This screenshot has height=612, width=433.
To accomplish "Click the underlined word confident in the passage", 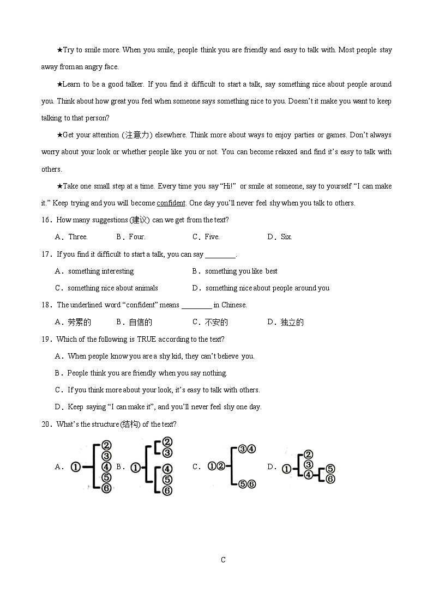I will (171, 203).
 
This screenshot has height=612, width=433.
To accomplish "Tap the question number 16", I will (46, 220).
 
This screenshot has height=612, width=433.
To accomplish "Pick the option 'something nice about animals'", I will (112, 288).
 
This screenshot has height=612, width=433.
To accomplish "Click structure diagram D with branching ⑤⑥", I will (308, 467).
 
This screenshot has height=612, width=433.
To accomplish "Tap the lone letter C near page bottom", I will (223, 560).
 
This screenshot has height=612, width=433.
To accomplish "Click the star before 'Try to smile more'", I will (59, 50).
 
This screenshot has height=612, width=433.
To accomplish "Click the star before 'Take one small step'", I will (59, 186).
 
